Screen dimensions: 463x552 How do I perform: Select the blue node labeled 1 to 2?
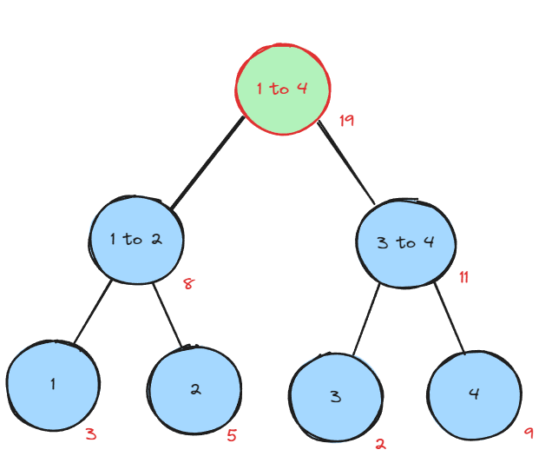136,239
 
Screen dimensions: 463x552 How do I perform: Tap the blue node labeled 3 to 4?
405,242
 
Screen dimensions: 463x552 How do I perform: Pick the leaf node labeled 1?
52,385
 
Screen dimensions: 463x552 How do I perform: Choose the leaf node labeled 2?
194,389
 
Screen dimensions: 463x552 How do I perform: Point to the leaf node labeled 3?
336,397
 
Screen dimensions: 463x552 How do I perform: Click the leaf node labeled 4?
474,394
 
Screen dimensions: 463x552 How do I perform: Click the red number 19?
346,120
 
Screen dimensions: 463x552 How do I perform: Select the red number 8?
187,283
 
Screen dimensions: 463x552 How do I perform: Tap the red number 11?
464,278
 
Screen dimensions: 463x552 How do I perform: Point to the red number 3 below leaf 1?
90,433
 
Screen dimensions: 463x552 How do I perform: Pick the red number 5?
232,435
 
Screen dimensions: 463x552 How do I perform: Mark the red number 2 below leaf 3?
380,444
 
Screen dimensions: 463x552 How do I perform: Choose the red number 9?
529,432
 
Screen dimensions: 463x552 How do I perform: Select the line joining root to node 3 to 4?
347,163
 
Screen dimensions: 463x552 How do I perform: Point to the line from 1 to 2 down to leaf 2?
169,314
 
